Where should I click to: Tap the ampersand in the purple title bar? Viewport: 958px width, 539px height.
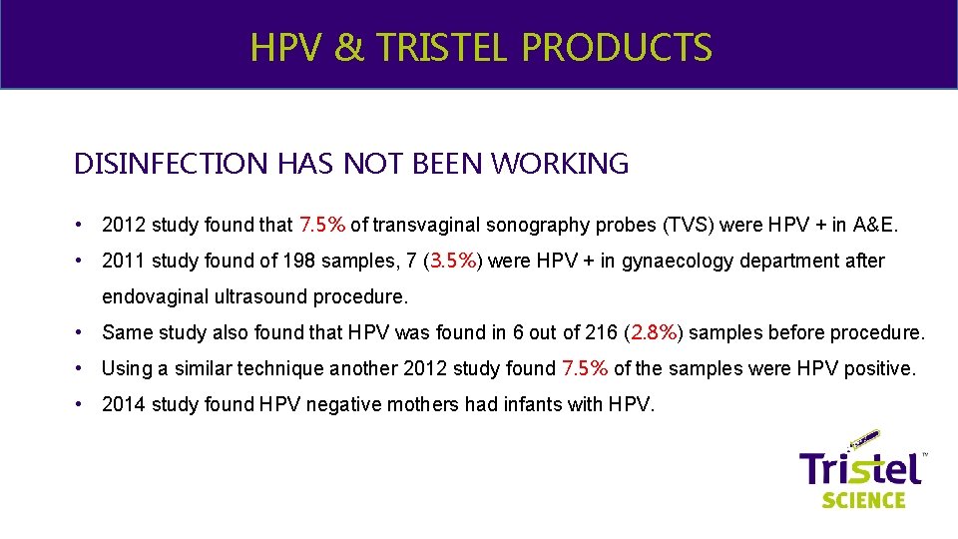pos(349,47)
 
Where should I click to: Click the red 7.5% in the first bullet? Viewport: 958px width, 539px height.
pos(322,225)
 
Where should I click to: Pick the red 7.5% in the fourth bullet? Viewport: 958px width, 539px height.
pos(585,368)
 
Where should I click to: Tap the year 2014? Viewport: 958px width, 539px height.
pos(123,404)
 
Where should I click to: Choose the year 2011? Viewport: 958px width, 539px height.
pos(123,261)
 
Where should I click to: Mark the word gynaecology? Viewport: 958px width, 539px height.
pos(669,261)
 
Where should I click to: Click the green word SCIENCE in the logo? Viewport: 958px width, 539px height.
pos(864,498)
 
